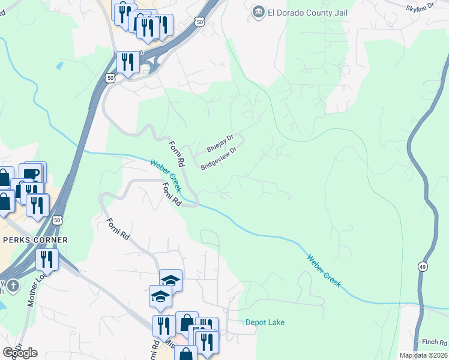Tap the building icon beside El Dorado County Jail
pyautogui.click(x=259, y=12)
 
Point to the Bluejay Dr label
pyautogui.click(x=219, y=143)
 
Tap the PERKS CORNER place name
pyautogui.click(x=34, y=240)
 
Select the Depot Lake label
pyautogui.click(x=265, y=322)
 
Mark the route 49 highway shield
pyautogui.click(x=423, y=266)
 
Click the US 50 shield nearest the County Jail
pyautogui.click(x=199, y=21)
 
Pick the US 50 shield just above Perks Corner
pyautogui.click(x=58, y=220)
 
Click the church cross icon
pyautogui.click(x=13, y=286)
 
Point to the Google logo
pyautogui.click(x=20, y=352)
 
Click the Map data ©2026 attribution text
pyautogui.click(x=423, y=355)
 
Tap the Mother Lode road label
pyautogui.click(x=32, y=290)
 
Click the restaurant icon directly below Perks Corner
pyautogui.click(x=46, y=259)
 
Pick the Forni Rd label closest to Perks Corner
pyautogui.click(x=118, y=230)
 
